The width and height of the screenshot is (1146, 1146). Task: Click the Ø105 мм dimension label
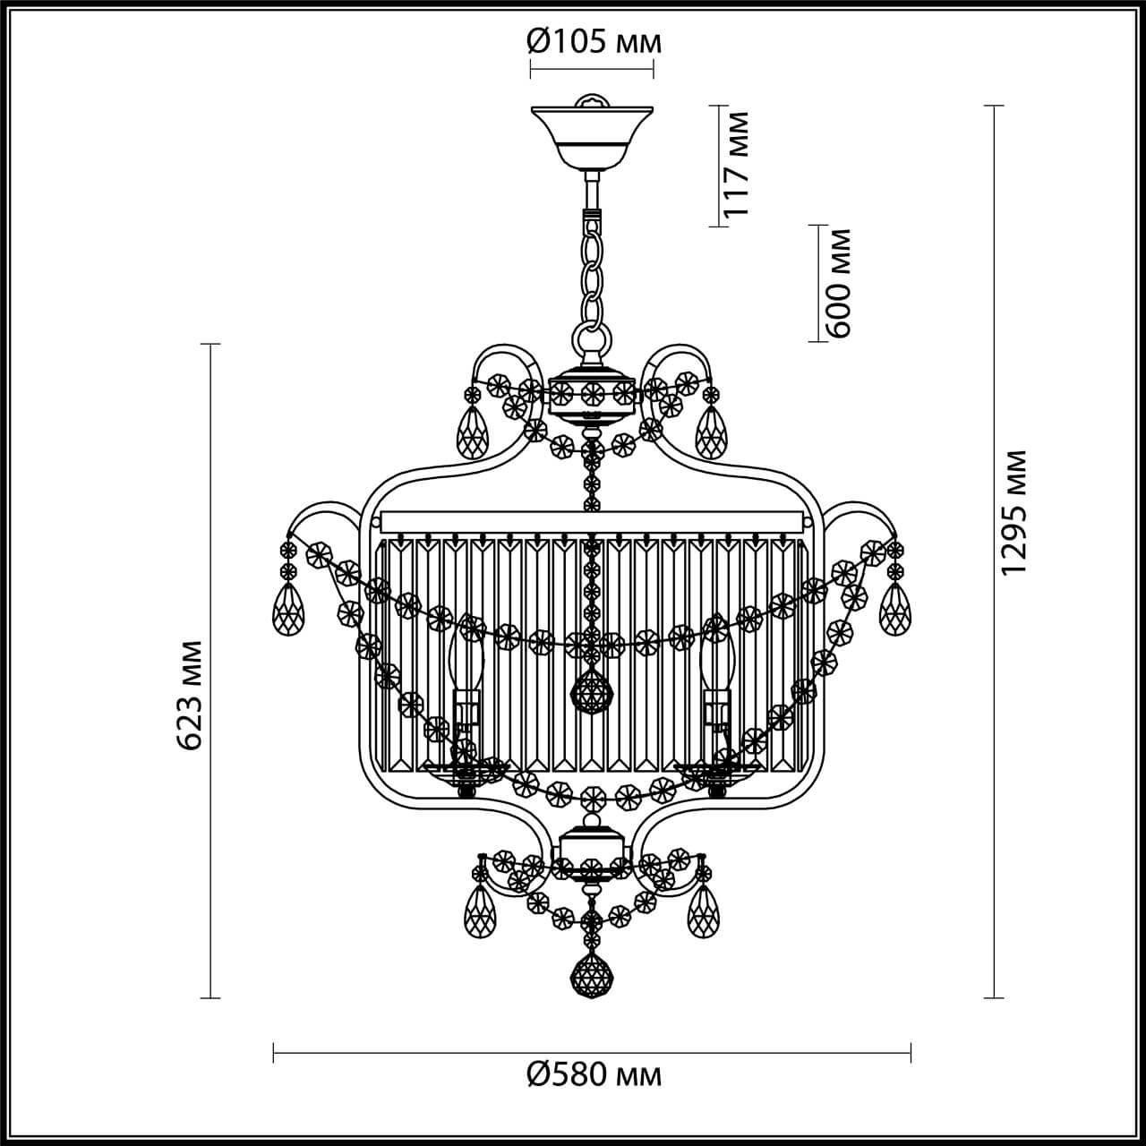click(594, 40)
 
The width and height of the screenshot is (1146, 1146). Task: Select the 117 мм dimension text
click(737, 165)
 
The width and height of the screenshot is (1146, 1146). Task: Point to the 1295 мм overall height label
click(1013, 513)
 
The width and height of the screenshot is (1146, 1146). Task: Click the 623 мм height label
click(190, 694)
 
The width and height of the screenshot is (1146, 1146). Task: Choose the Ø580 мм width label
click(594, 1074)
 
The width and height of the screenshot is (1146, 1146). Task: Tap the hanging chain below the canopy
click(591, 269)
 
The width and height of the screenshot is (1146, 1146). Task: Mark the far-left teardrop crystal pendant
click(288, 611)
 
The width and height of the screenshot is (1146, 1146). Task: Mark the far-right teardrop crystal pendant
click(894, 611)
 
